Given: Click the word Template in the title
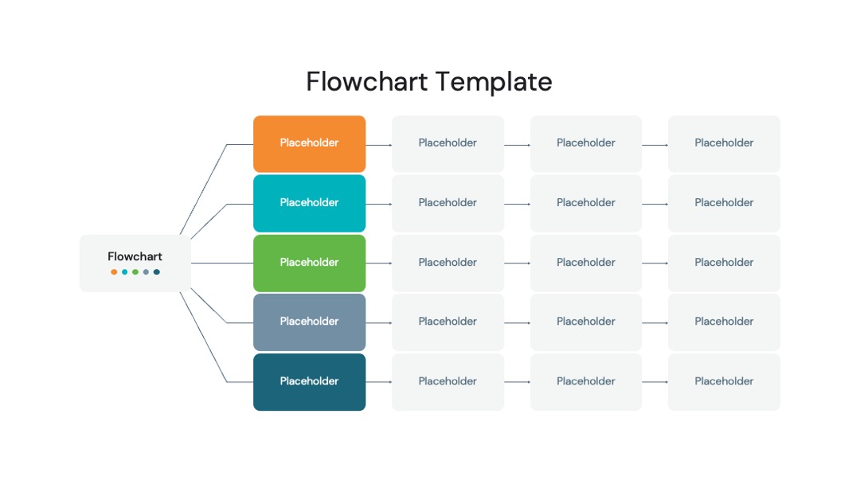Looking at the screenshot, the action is tap(494, 83).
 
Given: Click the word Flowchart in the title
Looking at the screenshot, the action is tap(366, 82).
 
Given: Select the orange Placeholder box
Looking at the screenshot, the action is tap(309, 143).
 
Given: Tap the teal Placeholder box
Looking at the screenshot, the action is tap(309, 203).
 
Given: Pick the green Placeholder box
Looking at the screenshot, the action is tap(309, 263).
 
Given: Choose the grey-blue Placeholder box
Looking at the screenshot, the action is tap(309, 322).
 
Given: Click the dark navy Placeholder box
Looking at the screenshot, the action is tap(309, 382).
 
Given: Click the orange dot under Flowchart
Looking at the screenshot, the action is tap(114, 272).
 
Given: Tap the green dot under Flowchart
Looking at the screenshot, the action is tap(135, 272).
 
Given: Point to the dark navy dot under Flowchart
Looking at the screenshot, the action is tap(156, 272).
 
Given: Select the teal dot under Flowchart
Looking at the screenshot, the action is tap(124, 272).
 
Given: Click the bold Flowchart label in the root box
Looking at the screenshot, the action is tap(135, 256).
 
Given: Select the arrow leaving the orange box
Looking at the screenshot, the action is tap(379, 145).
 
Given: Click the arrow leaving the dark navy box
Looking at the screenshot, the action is tap(379, 382).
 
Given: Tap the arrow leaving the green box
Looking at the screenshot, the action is tap(379, 263).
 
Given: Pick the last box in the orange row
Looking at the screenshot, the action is tap(724, 143).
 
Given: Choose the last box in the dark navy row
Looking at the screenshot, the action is tap(724, 382).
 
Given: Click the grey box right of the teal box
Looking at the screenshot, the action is tap(448, 203).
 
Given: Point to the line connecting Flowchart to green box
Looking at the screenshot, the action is tap(222, 263).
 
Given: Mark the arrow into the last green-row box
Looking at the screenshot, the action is tap(655, 263).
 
